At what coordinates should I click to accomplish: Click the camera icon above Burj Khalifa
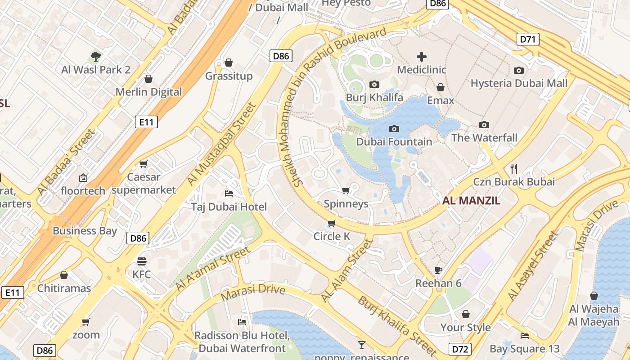[374, 84]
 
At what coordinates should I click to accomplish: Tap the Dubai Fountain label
[394, 142]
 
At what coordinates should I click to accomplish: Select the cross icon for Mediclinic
[422, 57]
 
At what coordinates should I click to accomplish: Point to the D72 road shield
[460, 348]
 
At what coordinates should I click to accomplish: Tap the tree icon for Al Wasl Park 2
[95, 57]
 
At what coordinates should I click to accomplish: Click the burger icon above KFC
[142, 261]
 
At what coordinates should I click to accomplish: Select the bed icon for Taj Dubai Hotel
[229, 193]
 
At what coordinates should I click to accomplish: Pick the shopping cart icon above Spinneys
[346, 191]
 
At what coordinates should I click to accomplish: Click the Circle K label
[332, 236]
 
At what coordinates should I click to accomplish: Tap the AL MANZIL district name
[471, 201]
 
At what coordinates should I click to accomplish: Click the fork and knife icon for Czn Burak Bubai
[514, 169]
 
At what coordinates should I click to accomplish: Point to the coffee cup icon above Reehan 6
[438, 270]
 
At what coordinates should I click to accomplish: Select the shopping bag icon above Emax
[441, 87]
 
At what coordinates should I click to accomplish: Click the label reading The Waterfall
[484, 138]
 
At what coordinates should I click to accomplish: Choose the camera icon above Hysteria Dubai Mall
[519, 70]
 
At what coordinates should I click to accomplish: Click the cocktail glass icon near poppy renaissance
[361, 345]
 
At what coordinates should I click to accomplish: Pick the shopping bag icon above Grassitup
[229, 63]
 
